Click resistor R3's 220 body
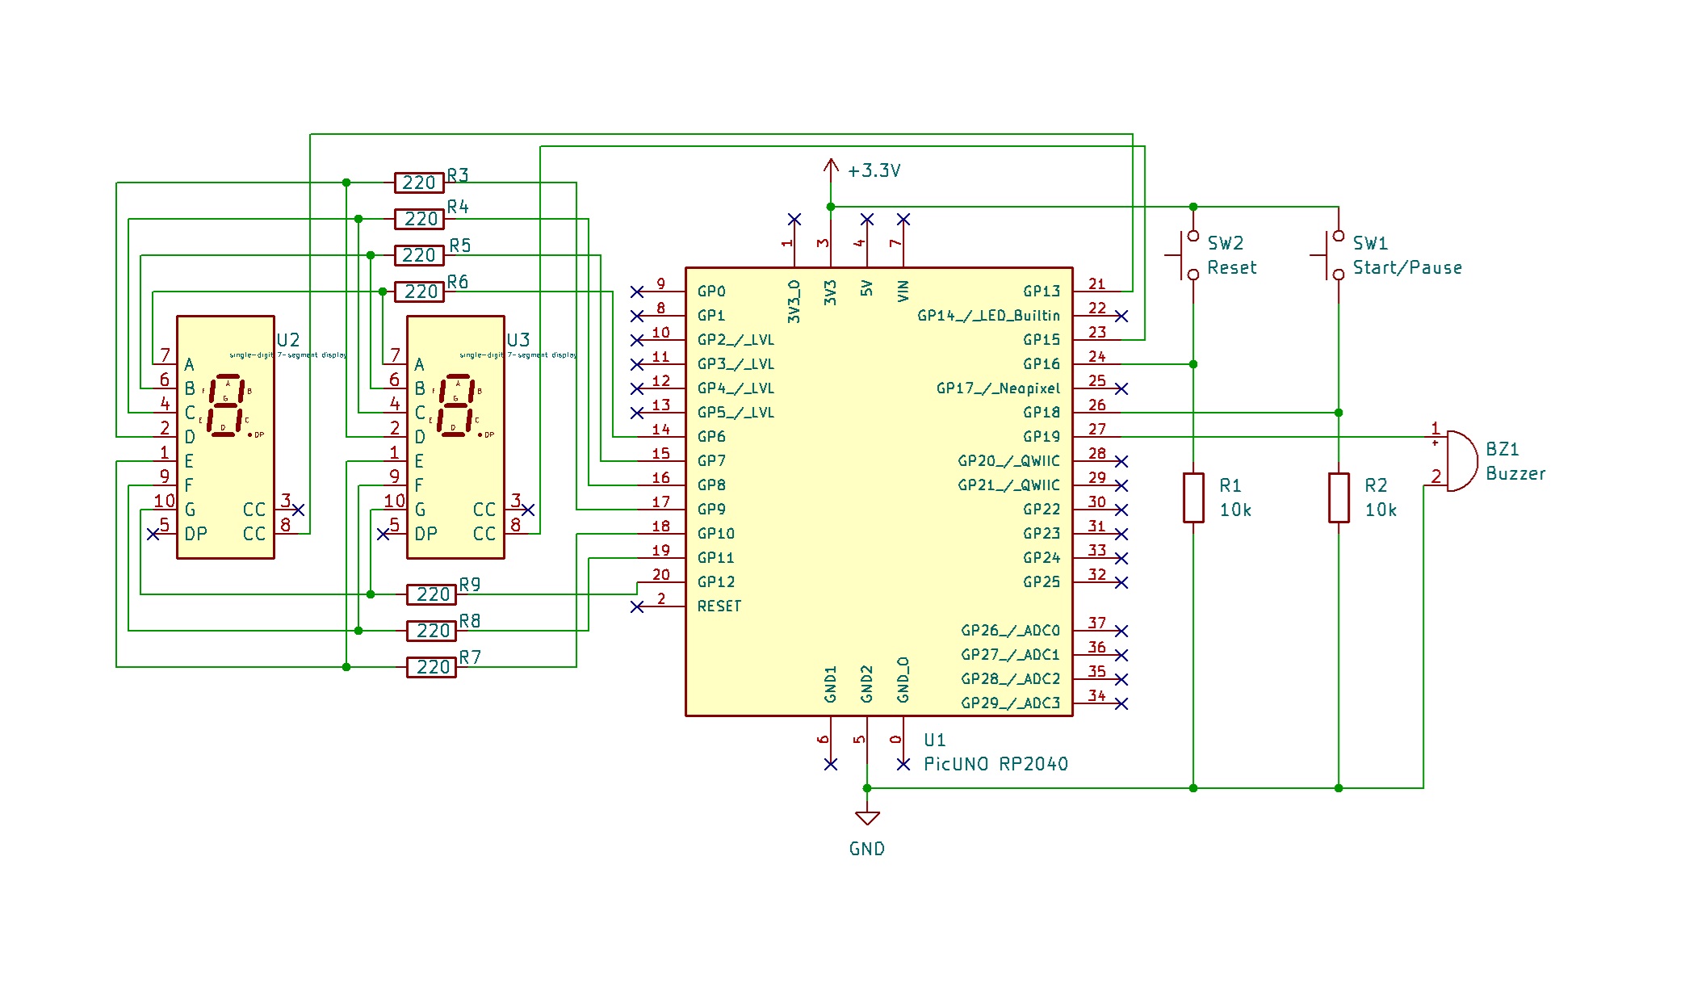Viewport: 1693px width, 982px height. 419,183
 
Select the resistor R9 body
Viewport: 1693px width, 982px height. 431,594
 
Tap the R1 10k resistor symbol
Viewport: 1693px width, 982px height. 1193,497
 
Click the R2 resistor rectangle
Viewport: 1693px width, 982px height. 1339,497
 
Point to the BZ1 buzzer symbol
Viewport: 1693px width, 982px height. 1460,461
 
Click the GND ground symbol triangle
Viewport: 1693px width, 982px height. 867,818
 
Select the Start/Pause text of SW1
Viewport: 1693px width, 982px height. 1406,267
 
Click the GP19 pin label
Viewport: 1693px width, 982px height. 1041,437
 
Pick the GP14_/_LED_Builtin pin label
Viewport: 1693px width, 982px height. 988,316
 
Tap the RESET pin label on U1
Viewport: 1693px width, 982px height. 719,606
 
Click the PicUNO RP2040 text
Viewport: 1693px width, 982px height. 995,764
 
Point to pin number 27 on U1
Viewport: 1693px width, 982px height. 1096,430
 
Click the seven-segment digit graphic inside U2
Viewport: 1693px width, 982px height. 226,405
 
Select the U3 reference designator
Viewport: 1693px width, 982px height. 518,340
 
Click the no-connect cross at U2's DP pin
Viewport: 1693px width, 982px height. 153,534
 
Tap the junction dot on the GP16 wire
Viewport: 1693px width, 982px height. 1193,364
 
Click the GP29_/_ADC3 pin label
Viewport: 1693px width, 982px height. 1010,703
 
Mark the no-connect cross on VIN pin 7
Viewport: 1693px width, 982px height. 903,220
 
